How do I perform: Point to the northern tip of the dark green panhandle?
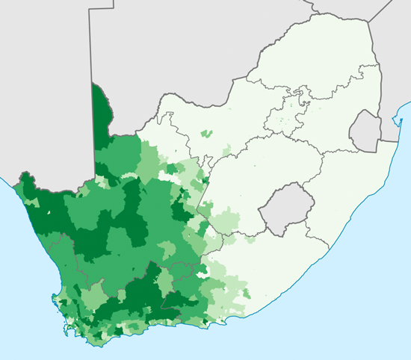click(x=95, y=85)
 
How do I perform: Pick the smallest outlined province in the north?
click(x=301, y=100)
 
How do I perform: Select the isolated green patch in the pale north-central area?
click(x=208, y=134)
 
